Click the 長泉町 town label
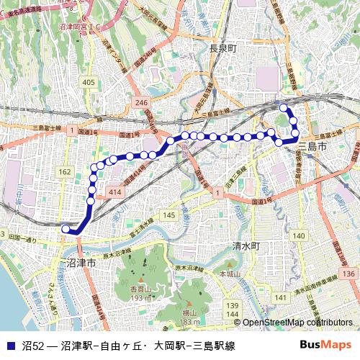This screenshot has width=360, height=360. pos(223,49)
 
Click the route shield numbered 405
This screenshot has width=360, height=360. pos(89,84)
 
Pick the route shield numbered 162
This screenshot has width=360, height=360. pos(66,172)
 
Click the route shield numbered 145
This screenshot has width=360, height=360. pos(170,216)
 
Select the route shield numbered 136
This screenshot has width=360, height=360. pos(349,274)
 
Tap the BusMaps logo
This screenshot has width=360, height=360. pos(330,345)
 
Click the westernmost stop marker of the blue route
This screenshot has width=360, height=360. pos(66,229)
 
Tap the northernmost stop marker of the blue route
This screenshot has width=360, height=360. pos(283,108)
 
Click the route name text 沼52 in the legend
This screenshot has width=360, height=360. pos(32,345)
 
